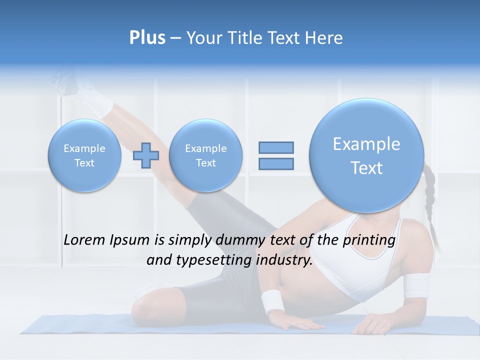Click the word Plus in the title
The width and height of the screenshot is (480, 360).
[x=147, y=38]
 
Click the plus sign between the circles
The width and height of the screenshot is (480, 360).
[x=146, y=155]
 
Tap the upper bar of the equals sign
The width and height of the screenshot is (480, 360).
[x=276, y=147]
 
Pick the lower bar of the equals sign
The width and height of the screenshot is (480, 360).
[x=276, y=163]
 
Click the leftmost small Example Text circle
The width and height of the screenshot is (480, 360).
[x=84, y=155]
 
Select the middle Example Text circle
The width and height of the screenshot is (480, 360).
[x=205, y=155]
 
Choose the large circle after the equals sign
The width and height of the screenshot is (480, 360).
[x=366, y=155]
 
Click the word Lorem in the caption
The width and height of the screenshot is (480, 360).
[x=85, y=240]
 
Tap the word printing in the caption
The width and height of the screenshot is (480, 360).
[x=368, y=240]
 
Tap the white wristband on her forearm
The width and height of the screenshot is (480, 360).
[x=272, y=300]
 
